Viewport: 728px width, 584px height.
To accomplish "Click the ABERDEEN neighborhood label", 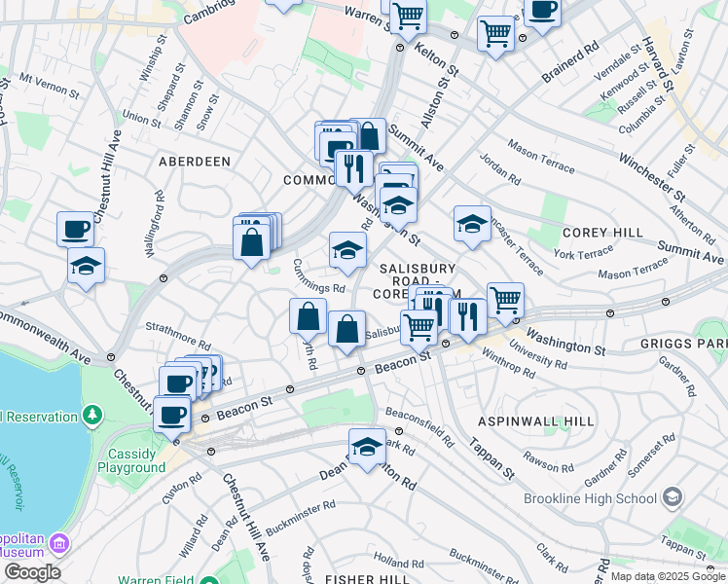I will tap(195, 161).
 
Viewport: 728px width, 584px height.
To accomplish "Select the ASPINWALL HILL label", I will tap(535, 420).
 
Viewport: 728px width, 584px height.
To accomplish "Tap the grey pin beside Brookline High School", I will tap(672, 498).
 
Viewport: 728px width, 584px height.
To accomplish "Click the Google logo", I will tap(32, 572).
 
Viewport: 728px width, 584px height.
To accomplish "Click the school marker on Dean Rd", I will tap(367, 448).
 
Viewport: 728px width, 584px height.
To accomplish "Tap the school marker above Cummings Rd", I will tap(347, 251).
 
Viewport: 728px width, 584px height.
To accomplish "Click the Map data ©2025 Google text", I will tap(665, 576).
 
